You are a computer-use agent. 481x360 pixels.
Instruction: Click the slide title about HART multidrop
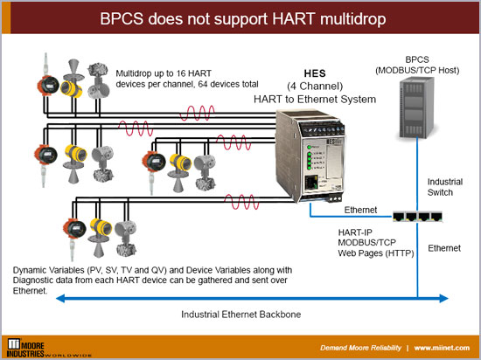240,18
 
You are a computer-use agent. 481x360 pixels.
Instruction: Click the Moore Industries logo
44,343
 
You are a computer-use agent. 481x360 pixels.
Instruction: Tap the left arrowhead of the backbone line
58,299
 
